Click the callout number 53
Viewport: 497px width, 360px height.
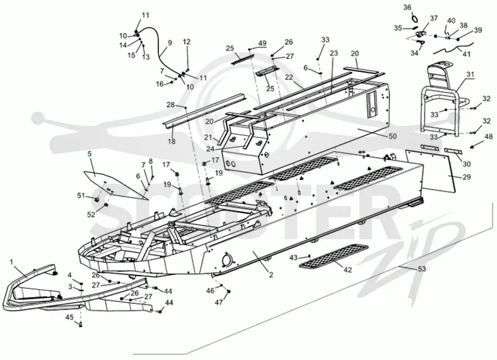coord(422,269)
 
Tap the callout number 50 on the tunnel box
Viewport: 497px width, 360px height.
coord(393,136)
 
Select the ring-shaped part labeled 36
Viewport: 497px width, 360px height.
coord(414,19)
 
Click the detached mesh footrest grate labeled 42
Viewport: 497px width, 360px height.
coord(334,256)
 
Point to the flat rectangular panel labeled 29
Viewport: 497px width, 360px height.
coord(432,171)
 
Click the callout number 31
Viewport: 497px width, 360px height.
coord(470,74)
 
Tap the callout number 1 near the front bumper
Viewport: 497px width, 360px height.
coord(12,262)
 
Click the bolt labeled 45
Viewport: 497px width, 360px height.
coord(80,324)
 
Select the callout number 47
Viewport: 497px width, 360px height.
coord(219,302)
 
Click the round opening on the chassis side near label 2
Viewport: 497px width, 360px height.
coord(227,259)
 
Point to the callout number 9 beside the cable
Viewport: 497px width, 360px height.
coord(170,43)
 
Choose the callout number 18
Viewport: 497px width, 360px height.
coord(171,142)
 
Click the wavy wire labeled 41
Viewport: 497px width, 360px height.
coord(454,49)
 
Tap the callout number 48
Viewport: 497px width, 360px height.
coord(488,137)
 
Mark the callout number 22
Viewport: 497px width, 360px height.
coord(289,78)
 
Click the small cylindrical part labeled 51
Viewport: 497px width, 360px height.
coord(98,199)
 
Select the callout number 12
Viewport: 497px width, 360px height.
coord(187,42)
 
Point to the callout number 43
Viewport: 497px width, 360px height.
coord(293,258)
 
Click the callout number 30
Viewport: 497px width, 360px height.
coord(467,164)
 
